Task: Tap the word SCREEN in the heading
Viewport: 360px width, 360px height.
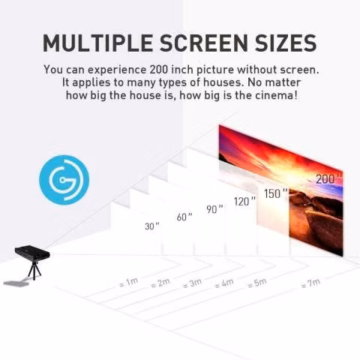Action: (x=203, y=43)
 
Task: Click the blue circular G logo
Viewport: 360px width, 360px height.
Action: (x=64, y=180)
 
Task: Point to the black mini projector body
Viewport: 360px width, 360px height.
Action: (x=32, y=253)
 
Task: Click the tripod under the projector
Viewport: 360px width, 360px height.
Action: (x=34, y=271)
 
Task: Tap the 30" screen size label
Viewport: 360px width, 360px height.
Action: (x=152, y=226)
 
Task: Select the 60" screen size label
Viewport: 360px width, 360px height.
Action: (x=184, y=217)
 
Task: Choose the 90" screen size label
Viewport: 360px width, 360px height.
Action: (x=214, y=209)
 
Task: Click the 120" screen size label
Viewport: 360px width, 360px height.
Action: (x=245, y=201)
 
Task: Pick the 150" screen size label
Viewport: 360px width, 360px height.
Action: (x=276, y=193)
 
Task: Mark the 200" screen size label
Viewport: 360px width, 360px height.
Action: (x=328, y=179)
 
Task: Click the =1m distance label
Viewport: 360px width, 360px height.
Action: (x=129, y=283)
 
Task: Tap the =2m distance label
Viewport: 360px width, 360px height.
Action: (x=160, y=283)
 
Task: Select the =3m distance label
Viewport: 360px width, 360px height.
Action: (x=192, y=283)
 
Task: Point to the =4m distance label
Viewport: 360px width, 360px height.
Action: (x=224, y=283)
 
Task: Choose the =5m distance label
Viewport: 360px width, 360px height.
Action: (x=256, y=283)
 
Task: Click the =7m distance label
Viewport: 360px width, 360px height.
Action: (x=310, y=283)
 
